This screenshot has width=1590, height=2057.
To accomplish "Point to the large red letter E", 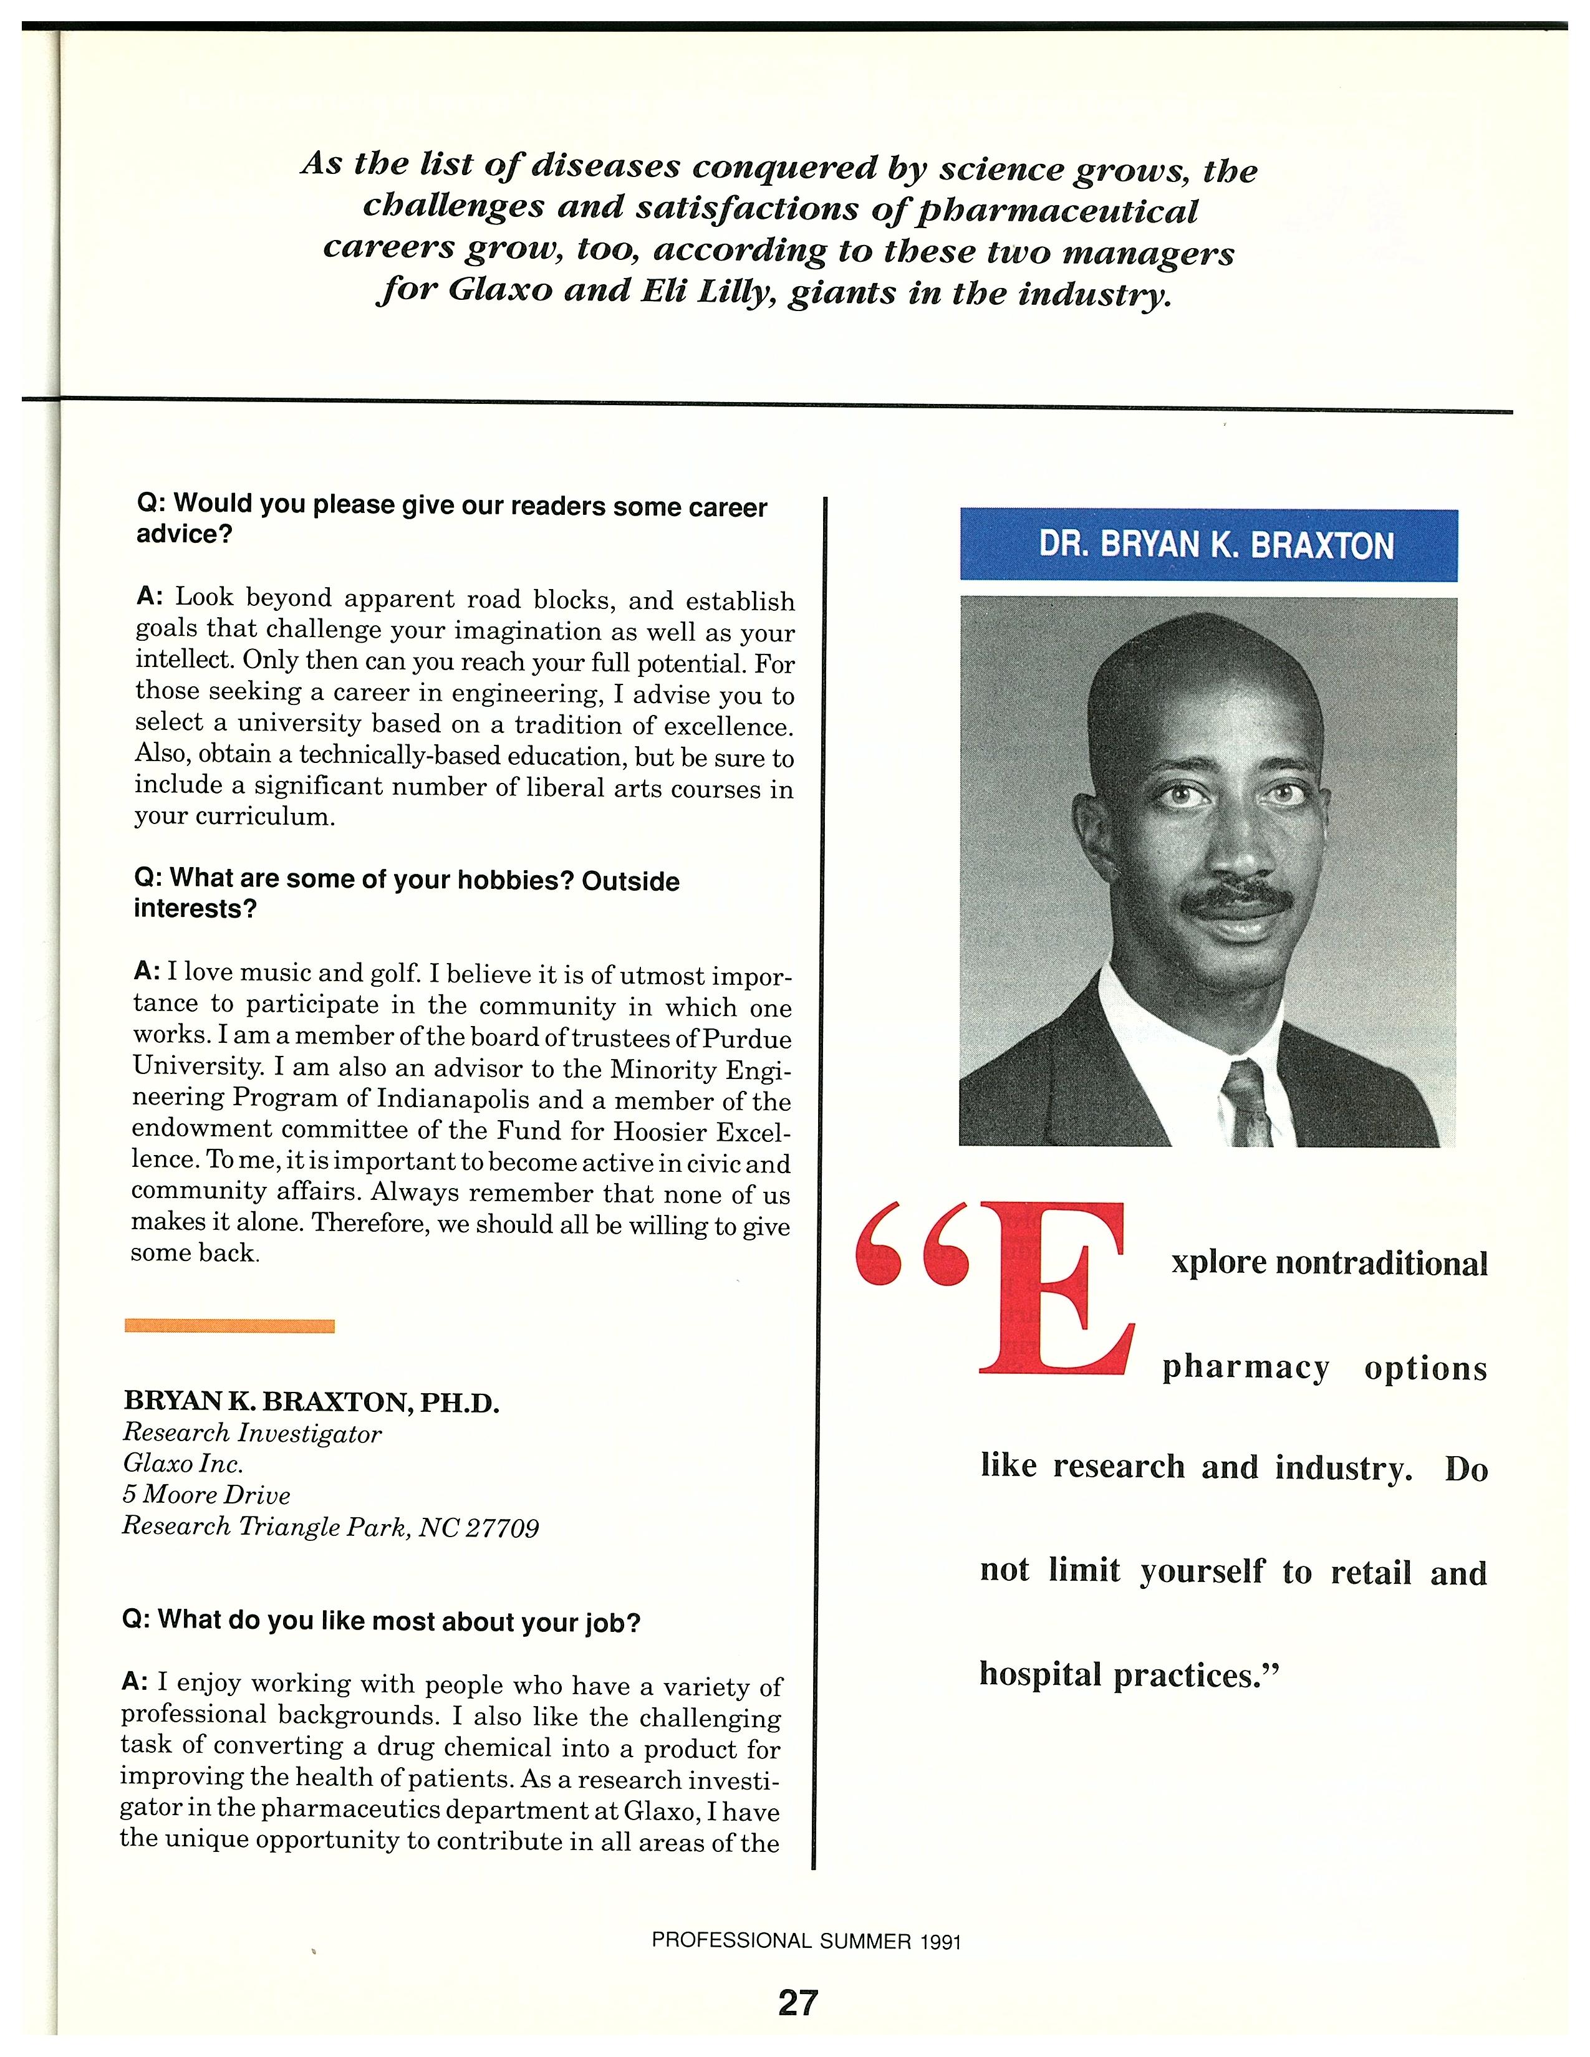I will pyautogui.click(x=1053, y=1288).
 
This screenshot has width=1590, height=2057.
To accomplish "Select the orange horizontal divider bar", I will pyautogui.click(x=230, y=1326).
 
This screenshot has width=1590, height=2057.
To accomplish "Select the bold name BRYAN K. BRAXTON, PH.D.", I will pyautogui.click(x=311, y=1402).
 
